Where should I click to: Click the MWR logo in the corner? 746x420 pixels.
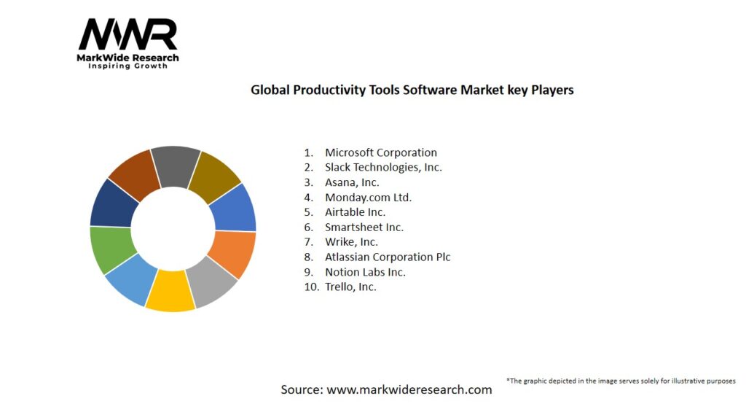(127, 42)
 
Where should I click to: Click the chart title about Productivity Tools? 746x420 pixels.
(412, 90)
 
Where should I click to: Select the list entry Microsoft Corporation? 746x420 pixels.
(380, 152)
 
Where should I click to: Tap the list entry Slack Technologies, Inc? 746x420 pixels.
(383, 167)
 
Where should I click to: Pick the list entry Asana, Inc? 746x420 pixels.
(352, 182)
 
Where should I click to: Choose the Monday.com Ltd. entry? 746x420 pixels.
(368, 197)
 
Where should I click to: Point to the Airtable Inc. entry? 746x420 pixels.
(355, 212)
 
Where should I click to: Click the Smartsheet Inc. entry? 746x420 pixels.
(364, 227)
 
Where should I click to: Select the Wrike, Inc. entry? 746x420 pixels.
(351, 242)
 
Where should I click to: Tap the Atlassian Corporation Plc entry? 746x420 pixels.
(388, 257)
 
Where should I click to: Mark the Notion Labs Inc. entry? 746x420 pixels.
(365, 272)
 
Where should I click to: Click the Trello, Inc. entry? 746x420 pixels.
(350, 287)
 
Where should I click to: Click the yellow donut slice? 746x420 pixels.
(170, 292)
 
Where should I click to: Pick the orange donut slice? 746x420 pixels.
(232, 254)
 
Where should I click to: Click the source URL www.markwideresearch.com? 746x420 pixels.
(409, 389)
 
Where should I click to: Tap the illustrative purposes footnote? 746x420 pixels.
(621, 381)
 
